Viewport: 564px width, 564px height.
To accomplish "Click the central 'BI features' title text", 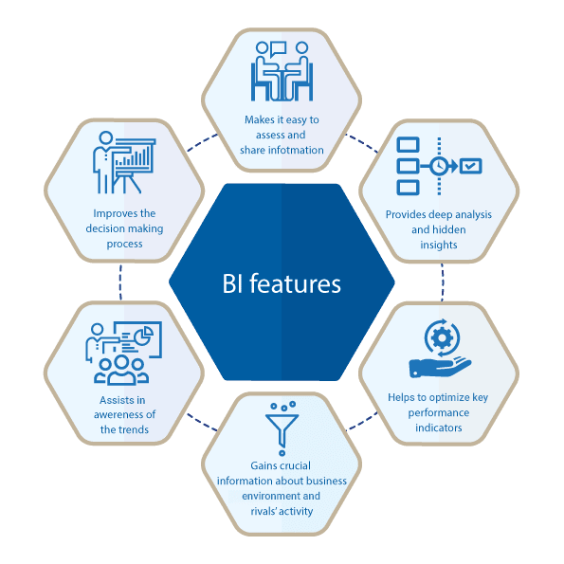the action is pyautogui.click(x=282, y=283).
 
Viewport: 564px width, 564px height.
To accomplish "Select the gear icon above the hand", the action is pyautogui.click(x=442, y=338).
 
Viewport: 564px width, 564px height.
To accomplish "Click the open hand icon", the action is pyautogui.click(x=440, y=367).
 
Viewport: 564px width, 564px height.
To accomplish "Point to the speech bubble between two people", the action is pyautogui.click(x=279, y=49).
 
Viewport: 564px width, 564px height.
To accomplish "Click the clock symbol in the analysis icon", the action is pyautogui.click(x=439, y=166).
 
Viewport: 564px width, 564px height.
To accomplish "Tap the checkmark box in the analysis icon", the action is pyautogui.click(x=471, y=166).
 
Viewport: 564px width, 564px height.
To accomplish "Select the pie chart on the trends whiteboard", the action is pyautogui.click(x=144, y=336).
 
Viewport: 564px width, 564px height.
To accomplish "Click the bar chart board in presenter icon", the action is pyautogui.click(x=133, y=156).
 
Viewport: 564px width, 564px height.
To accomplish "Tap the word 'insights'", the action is pyautogui.click(x=439, y=245).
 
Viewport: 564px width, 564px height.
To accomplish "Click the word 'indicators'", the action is pyautogui.click(x=439, y=428).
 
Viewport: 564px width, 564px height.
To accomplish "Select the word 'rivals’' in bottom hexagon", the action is pyautogui.click(x=264, y=511).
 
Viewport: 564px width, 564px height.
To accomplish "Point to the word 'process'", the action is pyautogui.click(x=124, y=245).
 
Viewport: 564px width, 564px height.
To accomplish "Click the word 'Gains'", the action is pyautogui.click(x=263, y=465).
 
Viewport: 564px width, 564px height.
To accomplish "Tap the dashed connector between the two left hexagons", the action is pyautogui.click(x=120, y=282).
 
